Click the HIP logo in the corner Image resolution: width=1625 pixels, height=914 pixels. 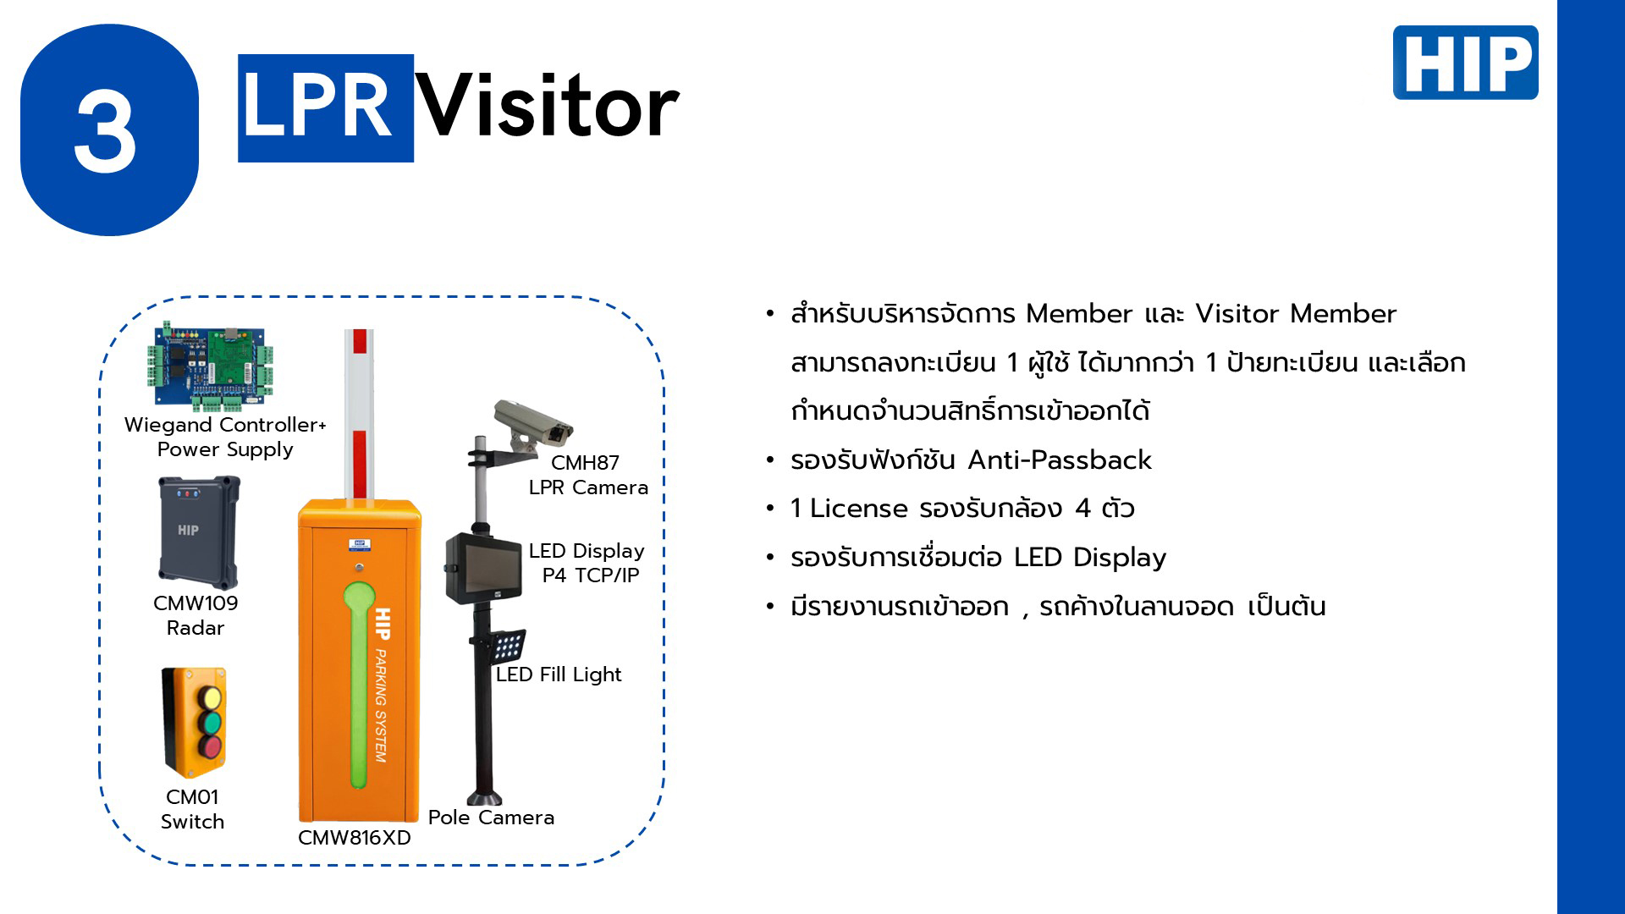[x=1465, y=63]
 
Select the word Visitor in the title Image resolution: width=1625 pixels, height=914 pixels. [x=548, y=107]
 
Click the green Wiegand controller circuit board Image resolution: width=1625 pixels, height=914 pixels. [x=211, y=366]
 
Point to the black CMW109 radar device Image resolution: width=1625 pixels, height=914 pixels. [x=199, y=532]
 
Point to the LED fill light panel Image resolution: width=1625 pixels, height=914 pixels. [x=507, y=647]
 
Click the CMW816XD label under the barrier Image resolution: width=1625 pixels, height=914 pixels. [x=355, y=838]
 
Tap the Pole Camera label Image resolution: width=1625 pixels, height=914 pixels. [x=491, y=818]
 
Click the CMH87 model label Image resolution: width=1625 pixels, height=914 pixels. [x=585, y=463]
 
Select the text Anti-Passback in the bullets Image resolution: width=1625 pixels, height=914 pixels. [x=1060, y=460]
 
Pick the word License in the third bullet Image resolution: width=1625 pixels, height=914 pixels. [x=858, y=509]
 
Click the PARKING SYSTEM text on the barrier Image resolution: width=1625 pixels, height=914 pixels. [x=381, y=706]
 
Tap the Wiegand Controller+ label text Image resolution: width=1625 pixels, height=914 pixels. [x=225, y=425]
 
